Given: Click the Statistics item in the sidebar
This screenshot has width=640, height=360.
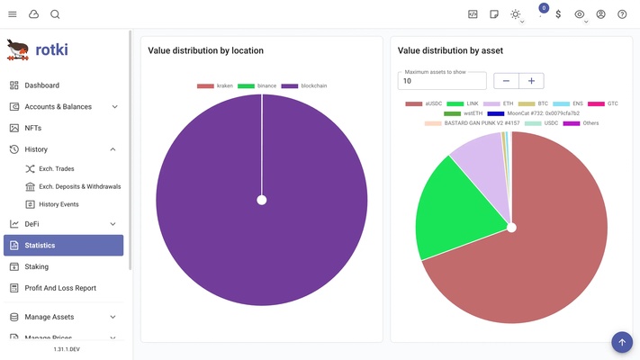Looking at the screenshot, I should click(x=63, y=245).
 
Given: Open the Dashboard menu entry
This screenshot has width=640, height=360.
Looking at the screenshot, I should click(x=41, y=85).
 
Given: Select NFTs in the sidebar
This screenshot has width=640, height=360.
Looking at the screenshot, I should click(x=32, y=128).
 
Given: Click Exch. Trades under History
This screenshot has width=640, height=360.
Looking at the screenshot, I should click(x=56, y=169).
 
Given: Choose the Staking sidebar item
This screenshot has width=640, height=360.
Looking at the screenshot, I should click(x=36, y=266).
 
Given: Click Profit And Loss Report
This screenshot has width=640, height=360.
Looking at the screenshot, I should click(x=59, y=288).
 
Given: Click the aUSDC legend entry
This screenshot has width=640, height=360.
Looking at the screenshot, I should click(x=425, y=103).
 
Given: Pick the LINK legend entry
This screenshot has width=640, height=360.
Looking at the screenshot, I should click(x=464, y=103).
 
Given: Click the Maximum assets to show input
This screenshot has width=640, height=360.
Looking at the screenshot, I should click(x=442, y=81).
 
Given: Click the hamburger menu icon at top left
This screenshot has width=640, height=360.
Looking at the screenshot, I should click(x=13, y=14).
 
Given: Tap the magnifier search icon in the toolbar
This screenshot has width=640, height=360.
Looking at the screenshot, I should click(x=55, y=14).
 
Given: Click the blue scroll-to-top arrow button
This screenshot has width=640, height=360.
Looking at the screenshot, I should click(x=622, y=342).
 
